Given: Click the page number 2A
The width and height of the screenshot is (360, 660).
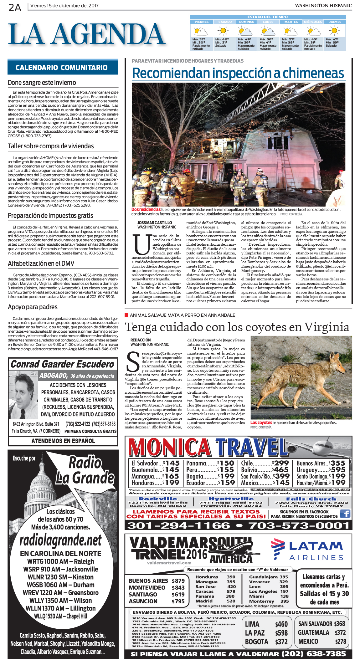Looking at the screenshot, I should [x=15, y=7].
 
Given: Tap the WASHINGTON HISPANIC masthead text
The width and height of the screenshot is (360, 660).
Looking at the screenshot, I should [x=323, y=6].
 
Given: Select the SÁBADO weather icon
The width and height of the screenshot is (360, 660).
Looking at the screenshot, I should [x=223, y=31].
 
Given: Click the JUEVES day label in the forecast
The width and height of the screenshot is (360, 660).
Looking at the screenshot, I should [x=335, y=22].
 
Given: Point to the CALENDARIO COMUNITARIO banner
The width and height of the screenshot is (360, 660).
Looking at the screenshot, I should [x=62, y=68].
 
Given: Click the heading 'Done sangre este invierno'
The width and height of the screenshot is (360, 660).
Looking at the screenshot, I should [x=42, y=83].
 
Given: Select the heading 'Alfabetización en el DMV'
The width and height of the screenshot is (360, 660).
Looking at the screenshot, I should [x=41, y=263].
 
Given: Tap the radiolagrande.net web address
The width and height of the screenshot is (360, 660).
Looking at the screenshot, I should [x=61, y=540].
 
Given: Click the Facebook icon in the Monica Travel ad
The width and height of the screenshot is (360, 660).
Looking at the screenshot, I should [x=345, y=514].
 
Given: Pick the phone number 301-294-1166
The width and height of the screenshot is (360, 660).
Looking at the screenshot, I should [x=178, y=525].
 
